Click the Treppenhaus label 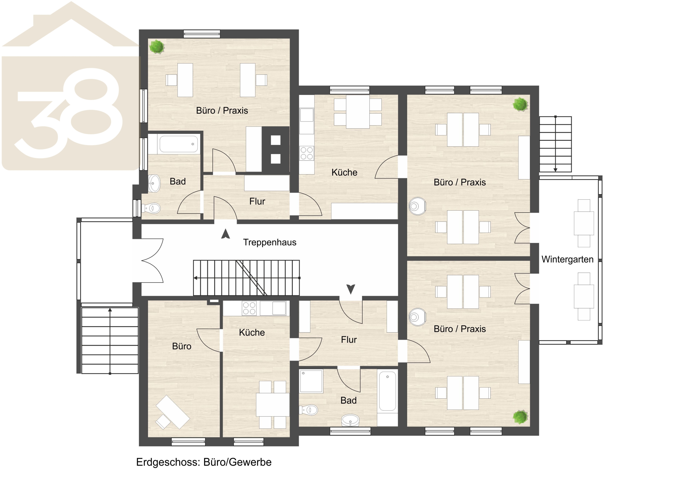click(x=269, y=242)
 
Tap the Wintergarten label click(x=567, y=259)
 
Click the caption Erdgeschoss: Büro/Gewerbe click(x=204, y=462)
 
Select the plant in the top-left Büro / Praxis click(x=157, y=47)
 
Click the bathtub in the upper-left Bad click(x=179, y=144)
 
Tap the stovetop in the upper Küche click(x=306, y=153)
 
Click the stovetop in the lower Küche click(x=249, y=308)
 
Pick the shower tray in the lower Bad click(x=311, y=381)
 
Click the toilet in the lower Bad click(x=309, y=410)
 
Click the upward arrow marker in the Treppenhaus click(x=226, y=234)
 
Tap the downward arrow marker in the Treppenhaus click(x=351, y=289)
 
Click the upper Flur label click(x=257, y=201)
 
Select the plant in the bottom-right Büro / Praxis click(x=520, y=417)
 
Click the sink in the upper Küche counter click(x=307, y=115)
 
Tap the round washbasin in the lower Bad click(x=350, y=420)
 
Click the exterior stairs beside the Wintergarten click(x=555, y=144)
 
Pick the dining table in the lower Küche click(x=272, y=405)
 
